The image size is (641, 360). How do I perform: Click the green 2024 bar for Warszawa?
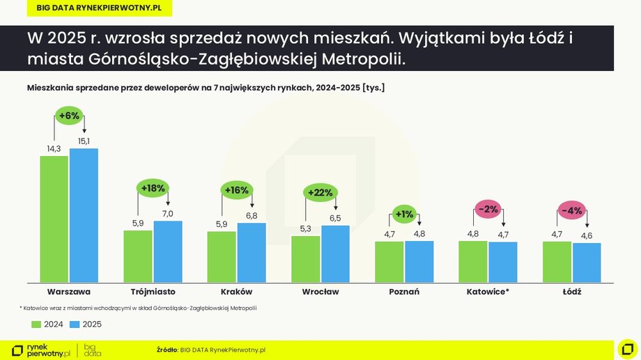point(54,219)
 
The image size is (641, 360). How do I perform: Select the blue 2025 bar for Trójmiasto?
point(168,251)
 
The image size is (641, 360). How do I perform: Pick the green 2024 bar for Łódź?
point(557,262)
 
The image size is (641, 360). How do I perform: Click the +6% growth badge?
point(69,116)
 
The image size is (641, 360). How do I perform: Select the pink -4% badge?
point(571,210)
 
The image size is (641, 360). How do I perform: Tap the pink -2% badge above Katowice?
point(488,209)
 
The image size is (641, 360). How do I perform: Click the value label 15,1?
point(84,141)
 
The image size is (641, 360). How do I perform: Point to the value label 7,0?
point(168,214)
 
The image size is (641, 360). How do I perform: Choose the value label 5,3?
point(305,229)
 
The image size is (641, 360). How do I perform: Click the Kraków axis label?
point(236,292)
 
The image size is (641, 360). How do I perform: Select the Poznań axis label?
point(404,292)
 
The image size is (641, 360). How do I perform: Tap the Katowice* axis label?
point(488,292)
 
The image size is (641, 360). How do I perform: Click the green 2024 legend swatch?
point(36,324)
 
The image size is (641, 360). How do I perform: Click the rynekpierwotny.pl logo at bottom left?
point(42,350)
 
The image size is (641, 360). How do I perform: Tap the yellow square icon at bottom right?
point(626,348)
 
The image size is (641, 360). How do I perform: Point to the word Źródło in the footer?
point(167,350)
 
